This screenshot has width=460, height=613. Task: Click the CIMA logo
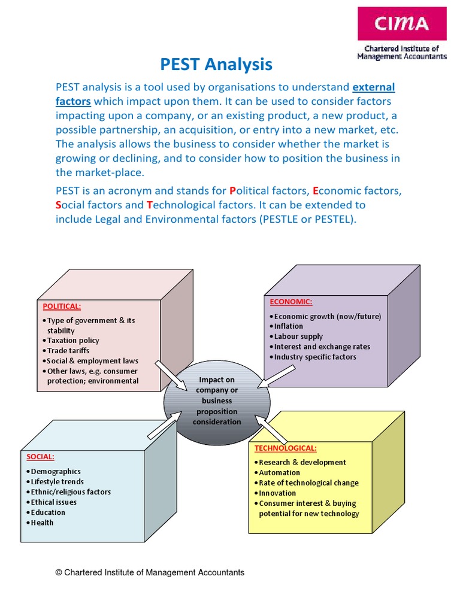tap(402, 24)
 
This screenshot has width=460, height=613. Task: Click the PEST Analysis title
tap(216, 64)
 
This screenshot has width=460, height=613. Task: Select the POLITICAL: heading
tap(62, 306)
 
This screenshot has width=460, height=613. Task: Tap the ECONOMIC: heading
tap(290, 301)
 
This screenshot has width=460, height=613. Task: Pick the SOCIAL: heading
tap(40, 456)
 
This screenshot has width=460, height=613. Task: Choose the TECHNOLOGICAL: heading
tap(286, 448)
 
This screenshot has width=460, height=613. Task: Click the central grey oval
tap(217, 401)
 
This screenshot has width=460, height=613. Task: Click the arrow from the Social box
tap(164, 424)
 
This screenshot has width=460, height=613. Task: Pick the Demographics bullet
tap(55, 472)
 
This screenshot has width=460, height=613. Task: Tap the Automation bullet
tap(279, 472)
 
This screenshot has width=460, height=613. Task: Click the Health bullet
tap(42, 523)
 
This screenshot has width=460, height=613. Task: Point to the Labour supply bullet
tap(298, 336)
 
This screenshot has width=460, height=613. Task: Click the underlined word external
tap(374, 87)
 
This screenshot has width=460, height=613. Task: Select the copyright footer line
tap(150, 572)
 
